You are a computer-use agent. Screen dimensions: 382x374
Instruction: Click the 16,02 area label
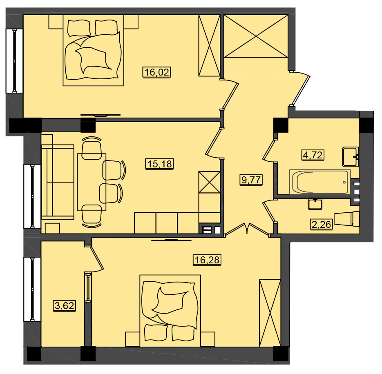pos(156,72)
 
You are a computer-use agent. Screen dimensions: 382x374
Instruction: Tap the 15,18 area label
pos(160,164)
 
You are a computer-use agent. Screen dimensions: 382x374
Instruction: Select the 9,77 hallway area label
pos(251,180)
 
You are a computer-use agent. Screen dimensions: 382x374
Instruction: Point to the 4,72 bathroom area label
pos(313,155)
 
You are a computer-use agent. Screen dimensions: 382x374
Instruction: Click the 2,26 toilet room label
pos(322,224)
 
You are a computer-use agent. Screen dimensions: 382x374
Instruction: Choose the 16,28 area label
pos(207,260)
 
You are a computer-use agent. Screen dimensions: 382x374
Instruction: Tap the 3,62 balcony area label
pos(64,305)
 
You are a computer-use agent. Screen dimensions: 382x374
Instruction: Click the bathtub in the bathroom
pos(319,182)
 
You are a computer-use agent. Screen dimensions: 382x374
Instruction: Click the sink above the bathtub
pos(351,156)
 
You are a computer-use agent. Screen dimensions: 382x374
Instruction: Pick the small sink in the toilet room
pos(315,204)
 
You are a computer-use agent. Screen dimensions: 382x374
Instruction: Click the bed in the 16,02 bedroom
pos(94,50)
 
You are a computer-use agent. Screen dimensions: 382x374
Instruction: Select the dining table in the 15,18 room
pos(92,182)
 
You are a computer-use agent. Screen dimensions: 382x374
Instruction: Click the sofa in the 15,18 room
pos(58,182)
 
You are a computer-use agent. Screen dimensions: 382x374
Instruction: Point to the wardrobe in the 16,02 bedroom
pos(209,46)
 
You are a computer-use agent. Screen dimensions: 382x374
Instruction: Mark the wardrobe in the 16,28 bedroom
pos(270,313)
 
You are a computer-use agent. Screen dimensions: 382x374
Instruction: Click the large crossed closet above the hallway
pos(256,36)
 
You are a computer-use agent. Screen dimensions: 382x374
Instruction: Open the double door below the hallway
pos(247,229)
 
